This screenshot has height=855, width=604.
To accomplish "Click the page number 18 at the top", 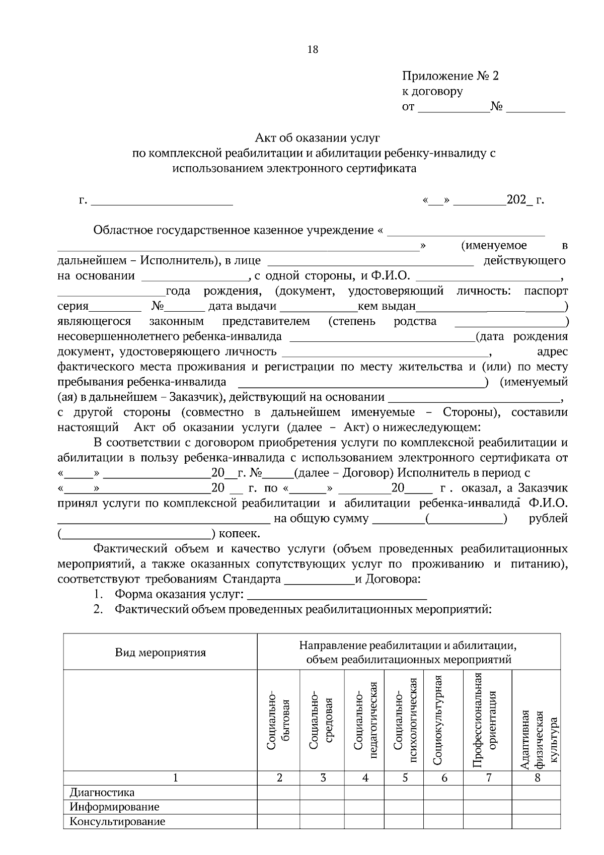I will pyautogui.click(x=312, y=49).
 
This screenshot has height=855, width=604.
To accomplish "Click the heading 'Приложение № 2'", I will pyautogui.click(x=450, y=76).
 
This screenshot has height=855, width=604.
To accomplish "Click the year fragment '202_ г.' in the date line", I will pyautogui.click(x=525, y=200).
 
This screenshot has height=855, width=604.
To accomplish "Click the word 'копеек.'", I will pyautogui.click(x=240, y=534).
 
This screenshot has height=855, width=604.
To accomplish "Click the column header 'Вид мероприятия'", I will pyautogui.click(x=161, y=653).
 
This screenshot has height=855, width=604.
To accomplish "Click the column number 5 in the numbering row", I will pyautogui.click(x=405, y=778).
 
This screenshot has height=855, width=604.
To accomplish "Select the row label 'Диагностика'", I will pyautogui.click(x=102, y=793).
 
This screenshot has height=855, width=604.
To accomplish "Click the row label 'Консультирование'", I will pyautogui.click(x=117, y=822).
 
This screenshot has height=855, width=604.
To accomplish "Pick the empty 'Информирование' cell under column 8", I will pyautogui.click(x=536, y=807).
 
